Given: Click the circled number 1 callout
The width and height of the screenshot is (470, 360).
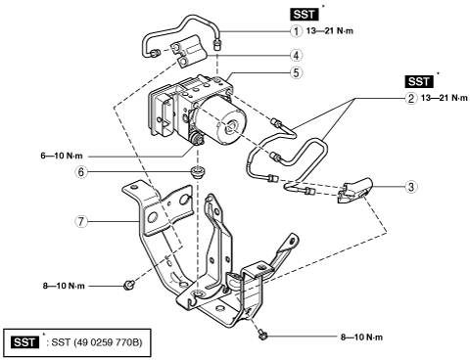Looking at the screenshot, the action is click(x=296, y=31).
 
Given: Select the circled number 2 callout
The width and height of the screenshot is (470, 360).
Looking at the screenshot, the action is click(x=411, y=98).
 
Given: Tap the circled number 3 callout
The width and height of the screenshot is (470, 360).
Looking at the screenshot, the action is click(x=411, y=187).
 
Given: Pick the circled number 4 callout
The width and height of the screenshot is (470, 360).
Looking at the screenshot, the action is click(x=296, y=56).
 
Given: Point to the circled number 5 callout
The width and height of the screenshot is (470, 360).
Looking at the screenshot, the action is click(x=296, y=72).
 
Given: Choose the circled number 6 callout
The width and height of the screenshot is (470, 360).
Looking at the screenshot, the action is click(x=81, y=172).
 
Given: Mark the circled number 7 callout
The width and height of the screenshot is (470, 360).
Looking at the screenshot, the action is click(x=81, y=222).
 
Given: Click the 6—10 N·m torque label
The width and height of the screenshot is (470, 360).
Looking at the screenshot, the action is click(x=62, y=156).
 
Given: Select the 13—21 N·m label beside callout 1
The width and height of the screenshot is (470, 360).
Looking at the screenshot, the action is click(x=330, y=31).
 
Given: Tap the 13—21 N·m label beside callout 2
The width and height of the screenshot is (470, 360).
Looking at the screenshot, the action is click(x=445, y=98).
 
